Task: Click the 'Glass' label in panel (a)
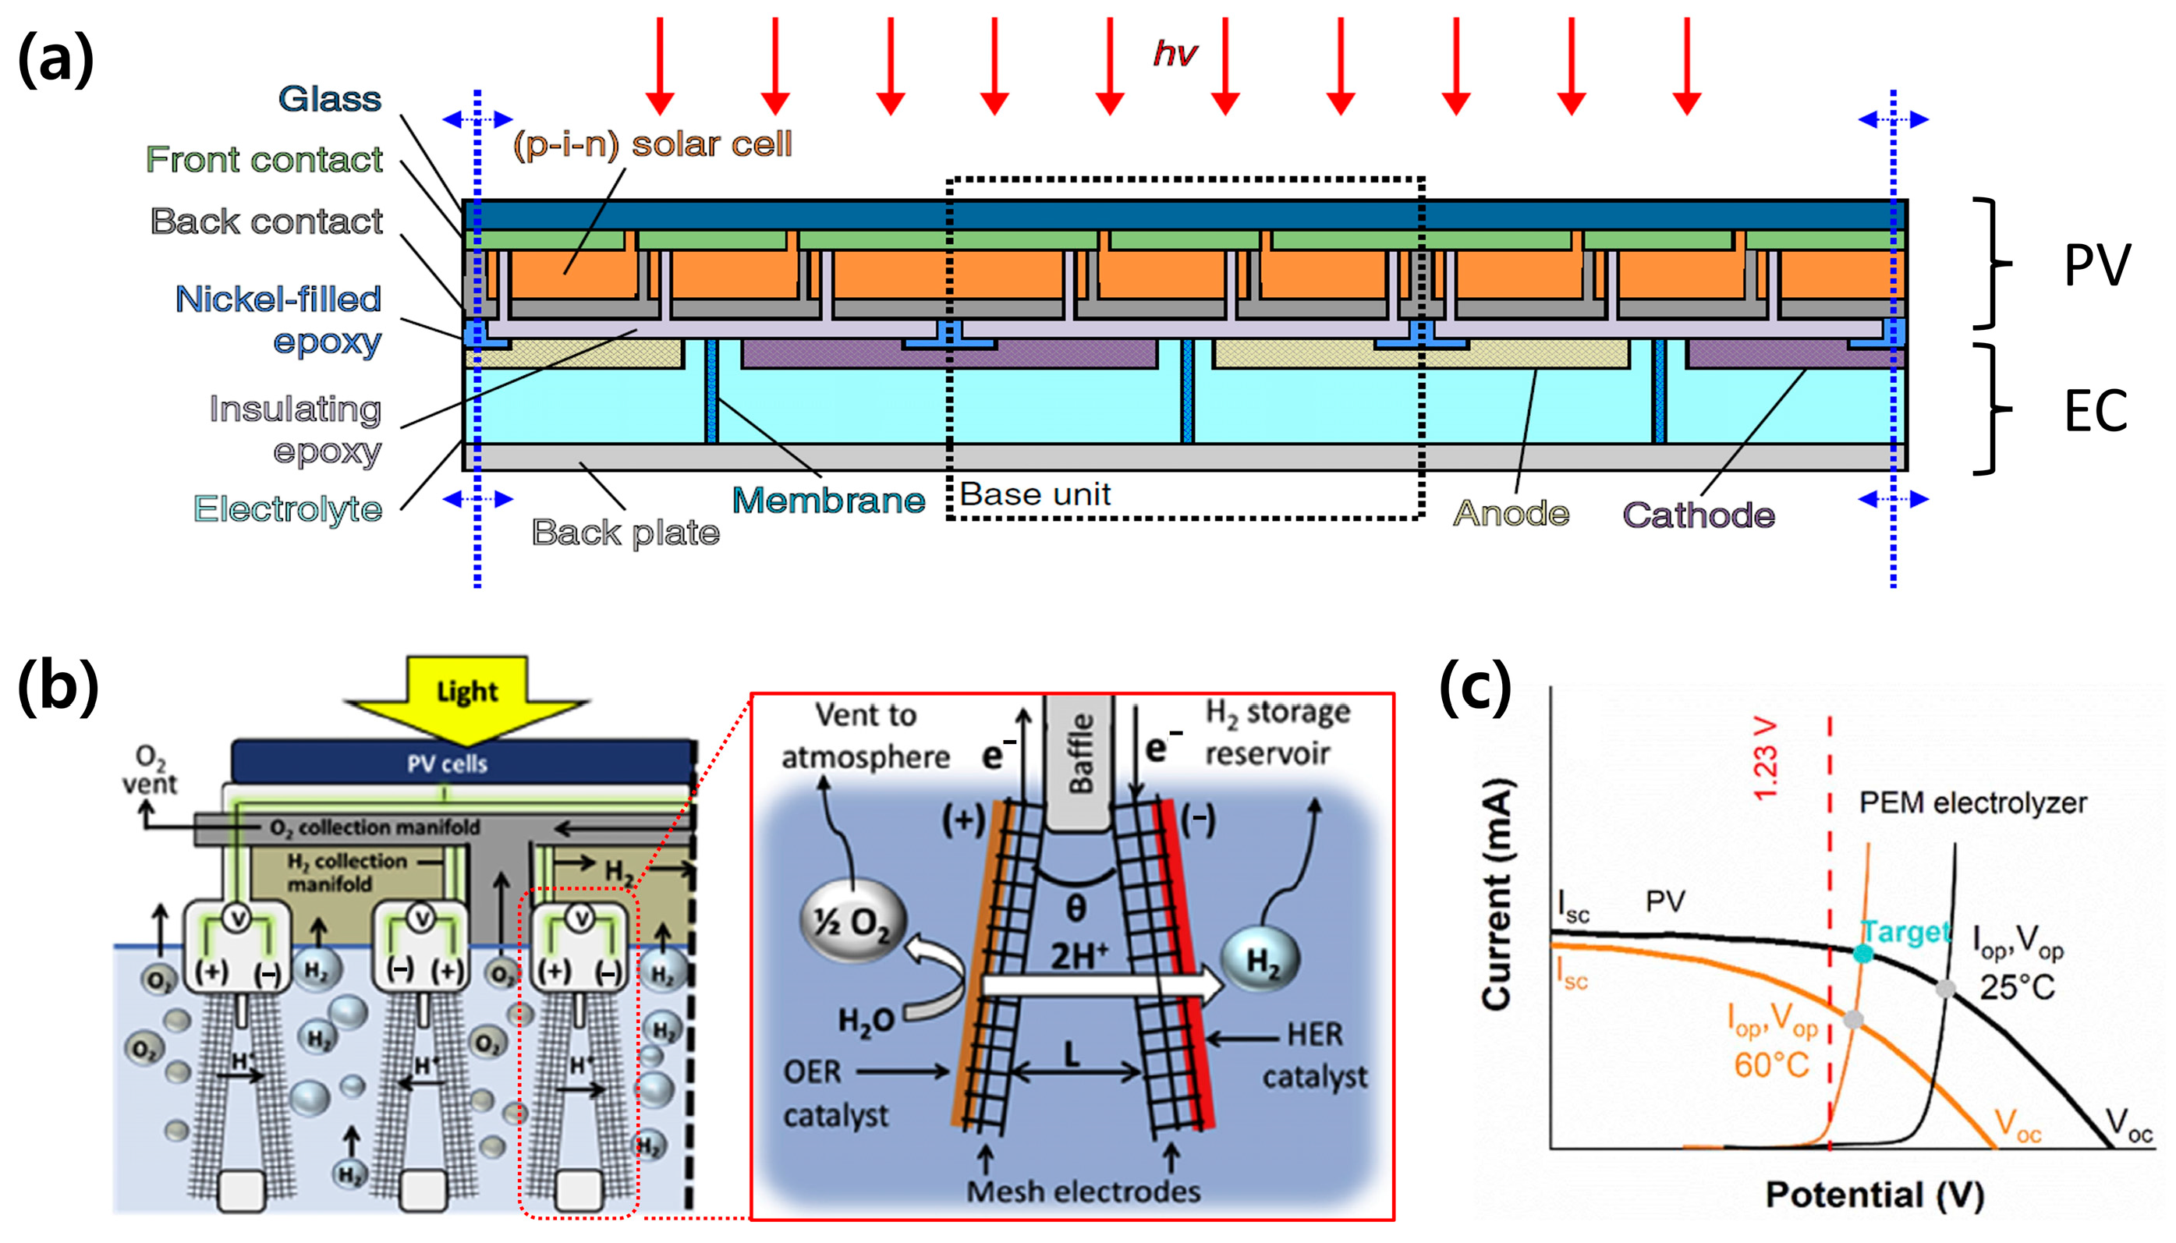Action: point(329,99)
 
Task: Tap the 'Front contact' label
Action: point(264,160)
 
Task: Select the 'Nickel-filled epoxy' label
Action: point(278,320)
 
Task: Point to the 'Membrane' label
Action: point(828,501)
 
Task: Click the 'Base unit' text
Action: point(1035,494)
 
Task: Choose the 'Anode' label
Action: point(1511,513)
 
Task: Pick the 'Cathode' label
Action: point(1698,515)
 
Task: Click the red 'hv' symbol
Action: point(1175,54)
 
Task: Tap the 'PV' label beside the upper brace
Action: point(2096,265)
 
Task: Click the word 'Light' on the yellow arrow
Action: point(466,692)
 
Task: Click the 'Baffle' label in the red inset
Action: point(1080,754)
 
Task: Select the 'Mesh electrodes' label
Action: point(1083,1191)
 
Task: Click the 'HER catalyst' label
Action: point(1315,1055)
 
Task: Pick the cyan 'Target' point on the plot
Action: point(1863,954)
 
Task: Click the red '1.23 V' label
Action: point(1766,759)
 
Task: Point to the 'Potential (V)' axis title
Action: point(1875,1195)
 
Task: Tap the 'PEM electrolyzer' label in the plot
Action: point(1972,802)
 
